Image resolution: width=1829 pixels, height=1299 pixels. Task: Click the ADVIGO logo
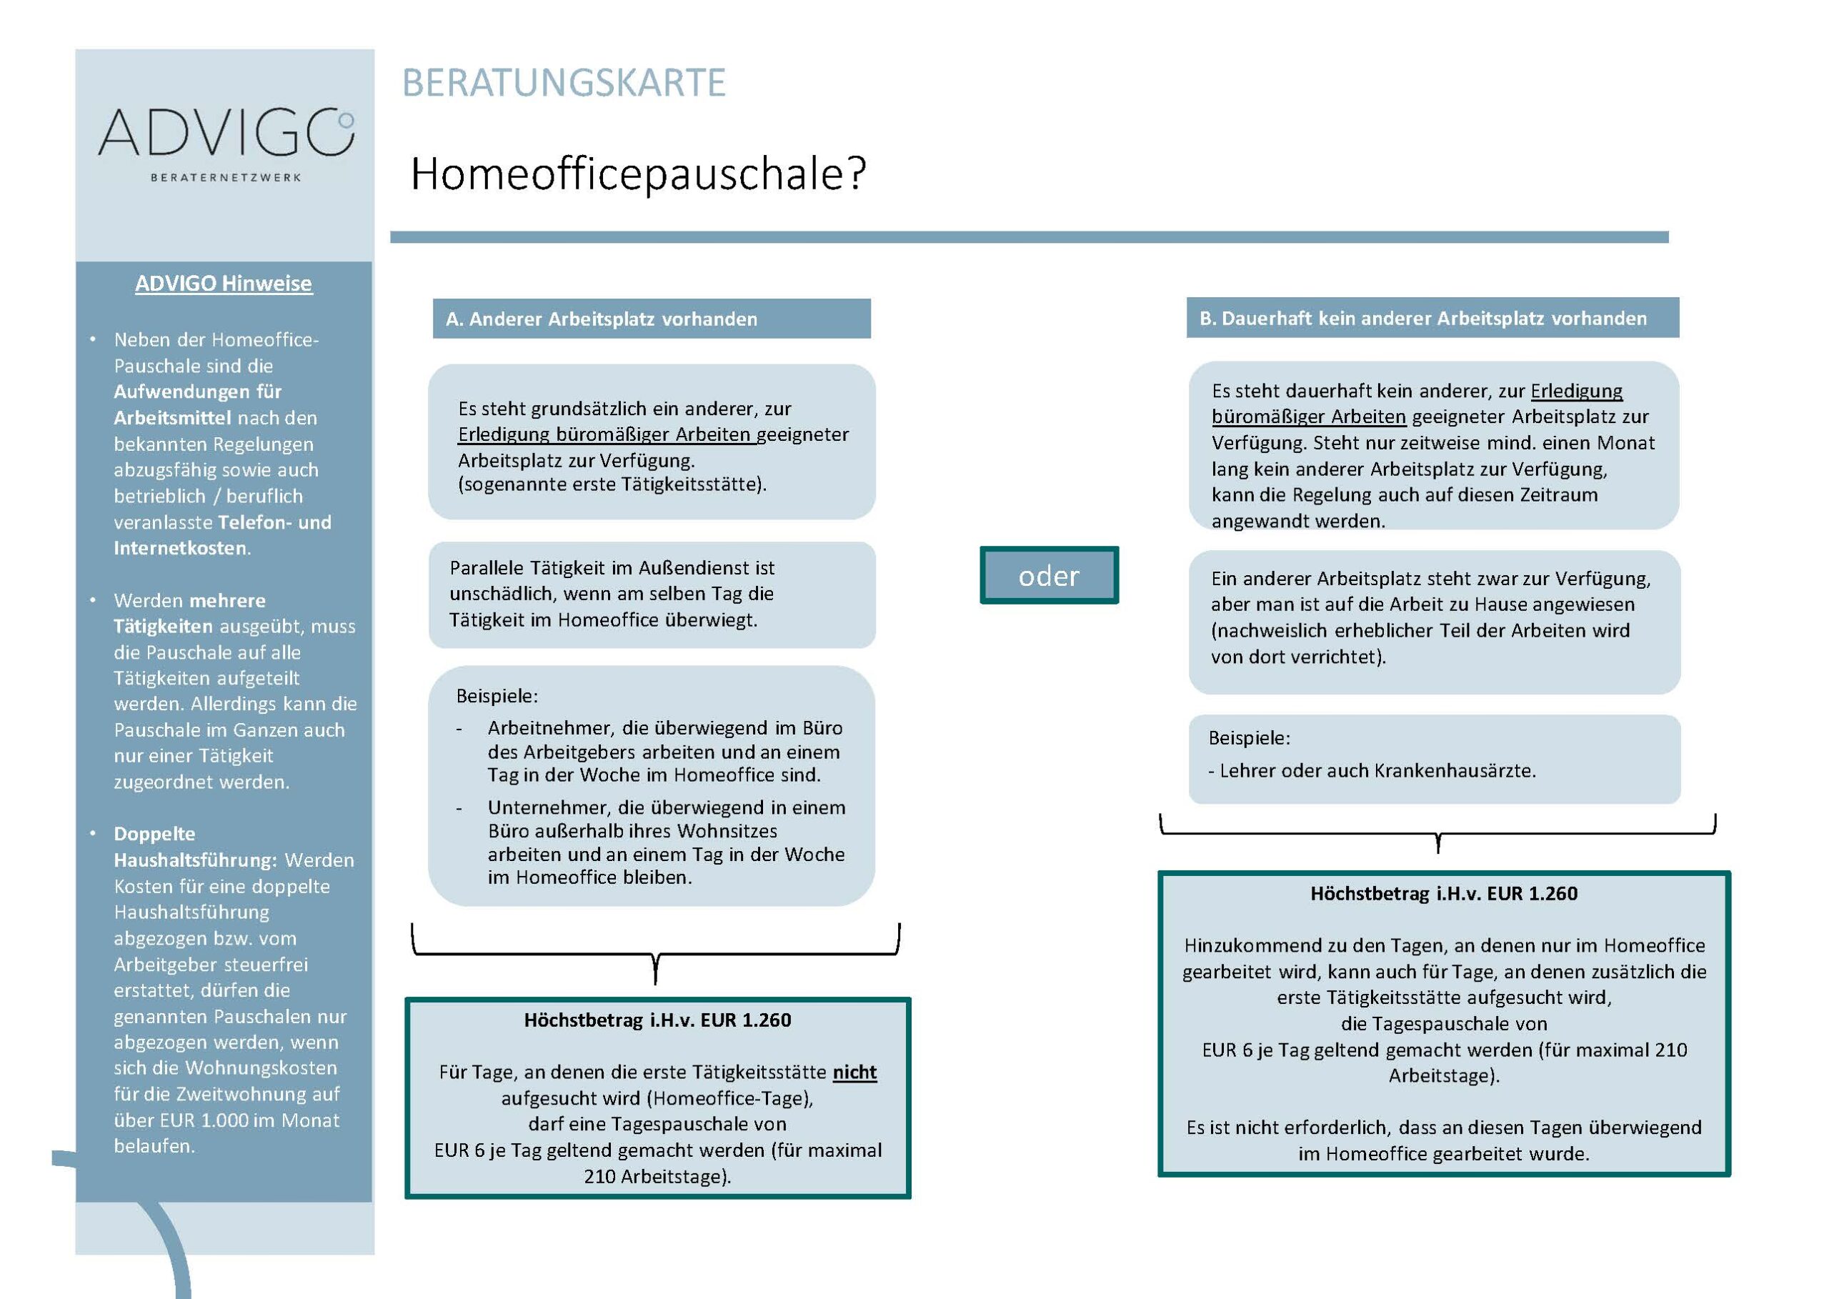pos(226,133)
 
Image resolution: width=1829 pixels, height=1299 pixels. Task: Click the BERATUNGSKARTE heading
pos(563,83)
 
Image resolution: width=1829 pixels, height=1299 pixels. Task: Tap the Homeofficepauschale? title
pos(637,174)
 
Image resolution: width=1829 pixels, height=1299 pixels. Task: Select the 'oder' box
pos(1048,576)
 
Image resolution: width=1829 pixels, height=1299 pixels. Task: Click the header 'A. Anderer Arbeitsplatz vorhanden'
pos(601,319)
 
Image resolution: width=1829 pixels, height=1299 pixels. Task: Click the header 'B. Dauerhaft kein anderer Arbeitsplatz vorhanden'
pos(1422,319)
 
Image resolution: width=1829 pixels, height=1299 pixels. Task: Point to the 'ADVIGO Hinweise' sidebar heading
pos(223,283)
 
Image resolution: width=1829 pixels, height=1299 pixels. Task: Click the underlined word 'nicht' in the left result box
pos(854,1072)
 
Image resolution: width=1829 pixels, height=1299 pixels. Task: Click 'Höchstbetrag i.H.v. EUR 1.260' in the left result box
pos(657,1020)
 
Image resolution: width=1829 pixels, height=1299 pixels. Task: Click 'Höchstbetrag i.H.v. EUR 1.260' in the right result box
pos(1443,893)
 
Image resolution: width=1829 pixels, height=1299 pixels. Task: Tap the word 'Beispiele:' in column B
pos(1249,737)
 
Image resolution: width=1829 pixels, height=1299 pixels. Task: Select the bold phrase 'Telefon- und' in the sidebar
pos(274,522)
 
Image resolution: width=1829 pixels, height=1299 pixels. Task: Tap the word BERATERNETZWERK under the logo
pos(226,178)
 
